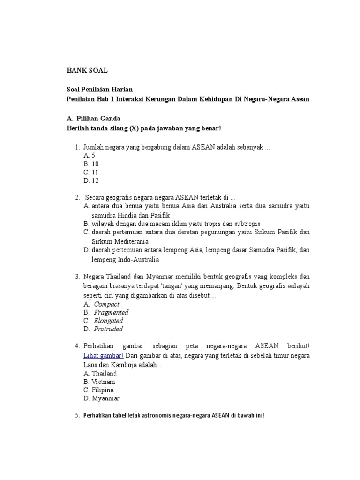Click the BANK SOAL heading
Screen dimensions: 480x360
pyautogui.click(x=86, y=70)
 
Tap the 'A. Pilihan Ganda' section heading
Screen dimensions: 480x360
pyautogui.click(x=94, y=119)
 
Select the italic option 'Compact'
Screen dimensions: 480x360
pyautogui.click(x=107, y=304)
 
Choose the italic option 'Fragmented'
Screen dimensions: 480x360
pyautogui.click(x=111, y=313)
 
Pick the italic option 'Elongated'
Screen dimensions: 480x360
pyautogui.click(x=108, y=321)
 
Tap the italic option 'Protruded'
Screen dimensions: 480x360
pyautogui.click(x=108, y=329)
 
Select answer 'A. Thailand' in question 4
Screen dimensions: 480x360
pyautogui.click(x=100, y=374)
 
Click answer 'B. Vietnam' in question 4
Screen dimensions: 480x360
pyautogui.click(x=99, y=382)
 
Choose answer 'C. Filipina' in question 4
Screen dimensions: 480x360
pyautogui.click(x=98, y=390)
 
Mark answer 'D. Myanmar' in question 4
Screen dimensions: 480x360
pyautogui.click(x=101, y=398)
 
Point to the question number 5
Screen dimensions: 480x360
pyautogui.click(x=77, y=415)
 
